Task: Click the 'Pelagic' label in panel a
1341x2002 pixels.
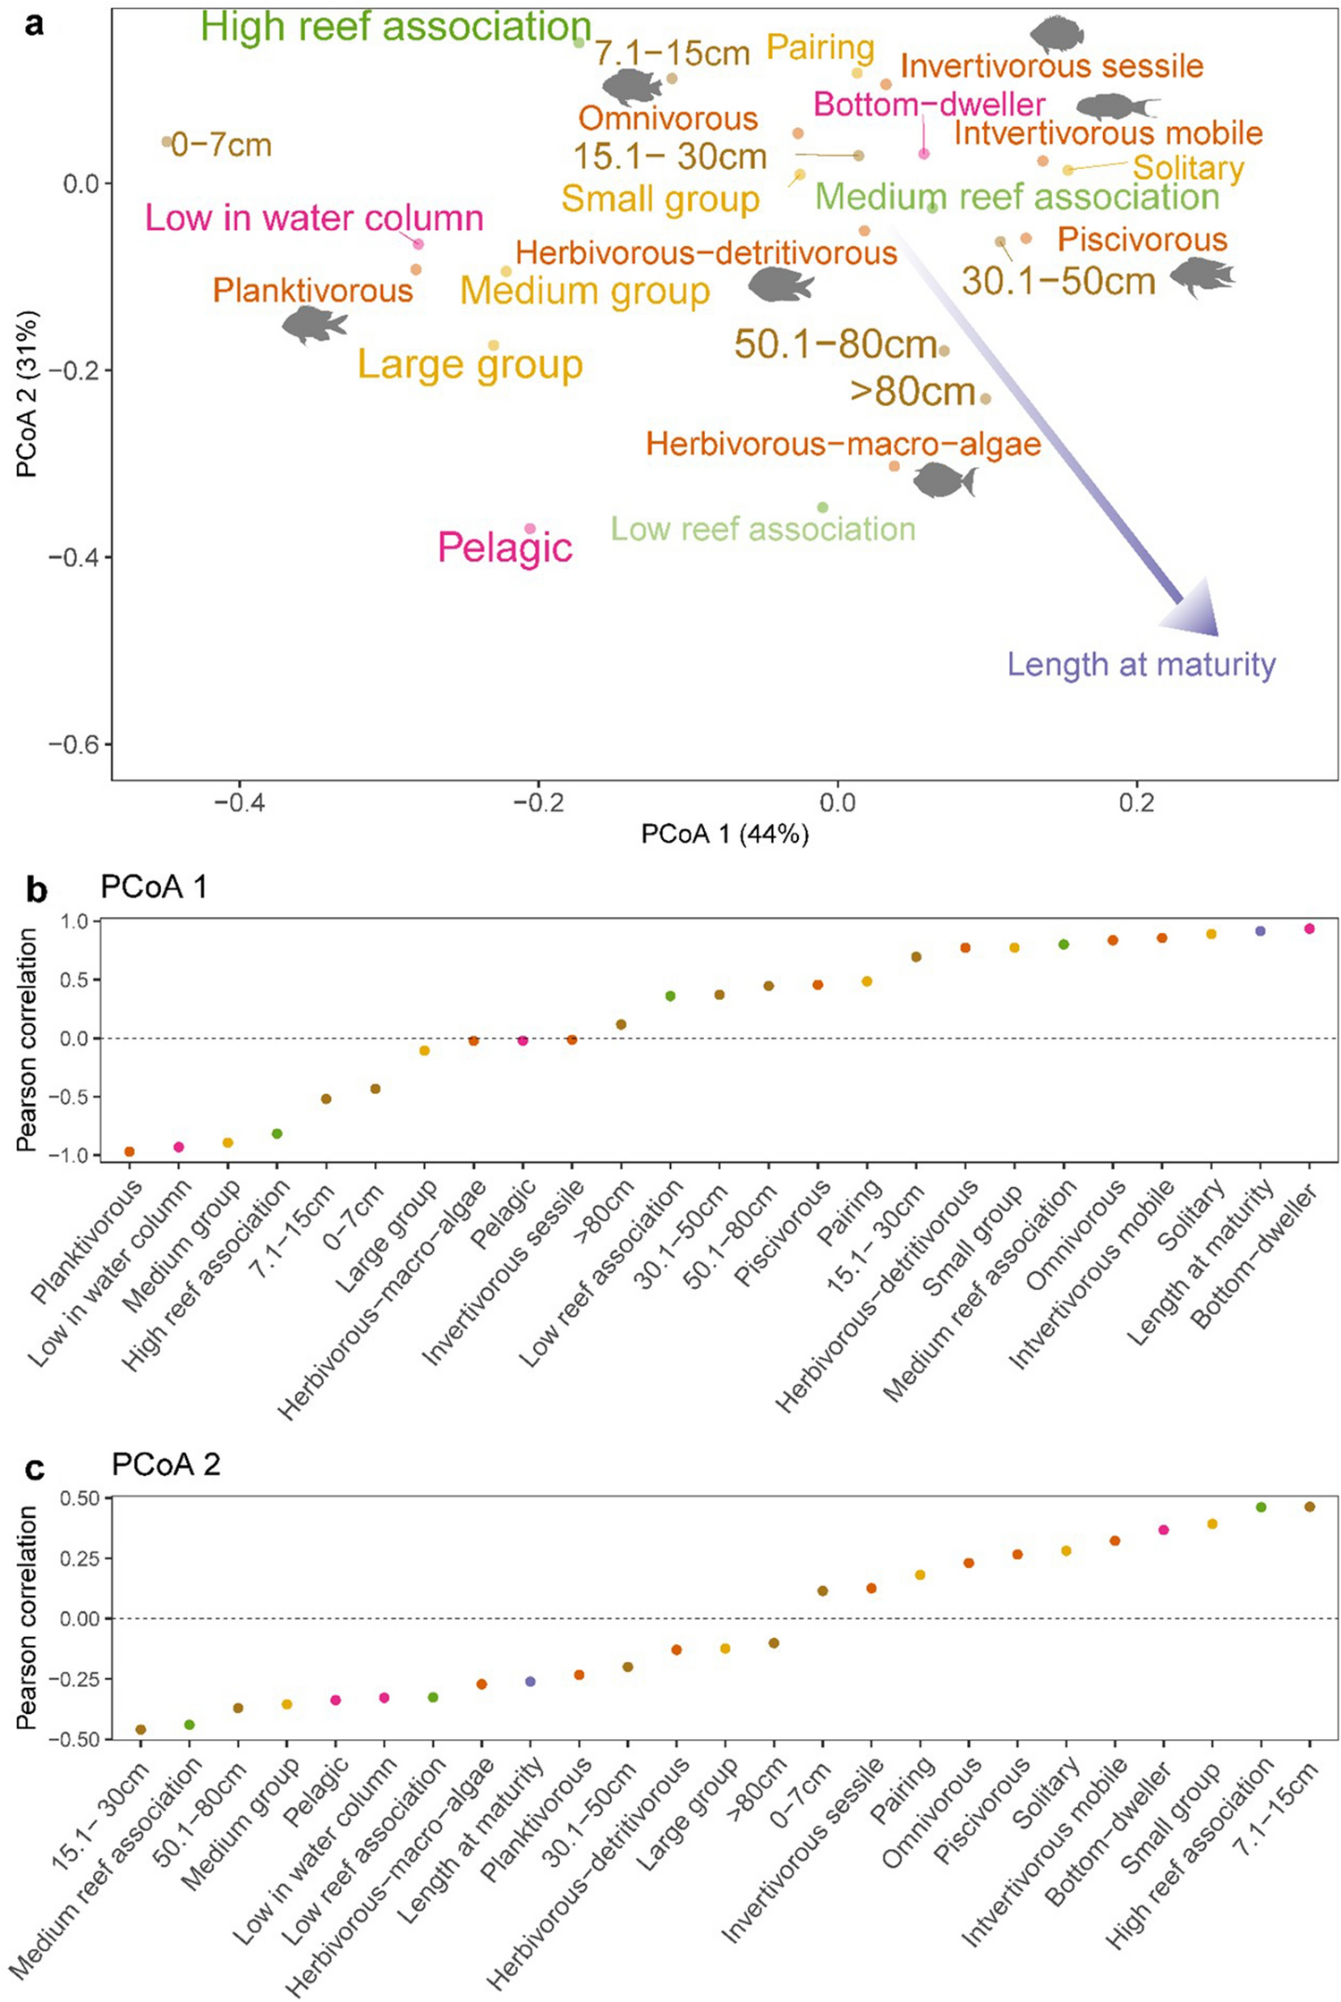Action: [505, 547]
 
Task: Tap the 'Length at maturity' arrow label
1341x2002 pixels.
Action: [1141, 665]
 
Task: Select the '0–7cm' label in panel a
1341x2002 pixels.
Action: [221, 145]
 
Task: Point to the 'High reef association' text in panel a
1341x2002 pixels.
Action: [395, 27]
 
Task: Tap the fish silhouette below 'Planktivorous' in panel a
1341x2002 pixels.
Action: [314, 324]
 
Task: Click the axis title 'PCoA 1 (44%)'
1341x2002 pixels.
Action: [725, 835]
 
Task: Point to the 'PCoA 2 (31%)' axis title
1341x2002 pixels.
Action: [27, 394]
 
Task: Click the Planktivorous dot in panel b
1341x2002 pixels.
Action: [130, 1151]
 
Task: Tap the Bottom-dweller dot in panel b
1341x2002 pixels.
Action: [1310, 929]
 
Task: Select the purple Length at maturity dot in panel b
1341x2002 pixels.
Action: [1260, 931]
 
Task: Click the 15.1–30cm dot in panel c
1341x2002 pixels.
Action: [140, 1729]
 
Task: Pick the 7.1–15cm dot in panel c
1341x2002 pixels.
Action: [1310, 1506]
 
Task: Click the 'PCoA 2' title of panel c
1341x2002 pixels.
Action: [166, 1464]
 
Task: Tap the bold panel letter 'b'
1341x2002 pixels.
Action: [36, 890]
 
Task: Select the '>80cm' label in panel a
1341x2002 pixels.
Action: [912, 392]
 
